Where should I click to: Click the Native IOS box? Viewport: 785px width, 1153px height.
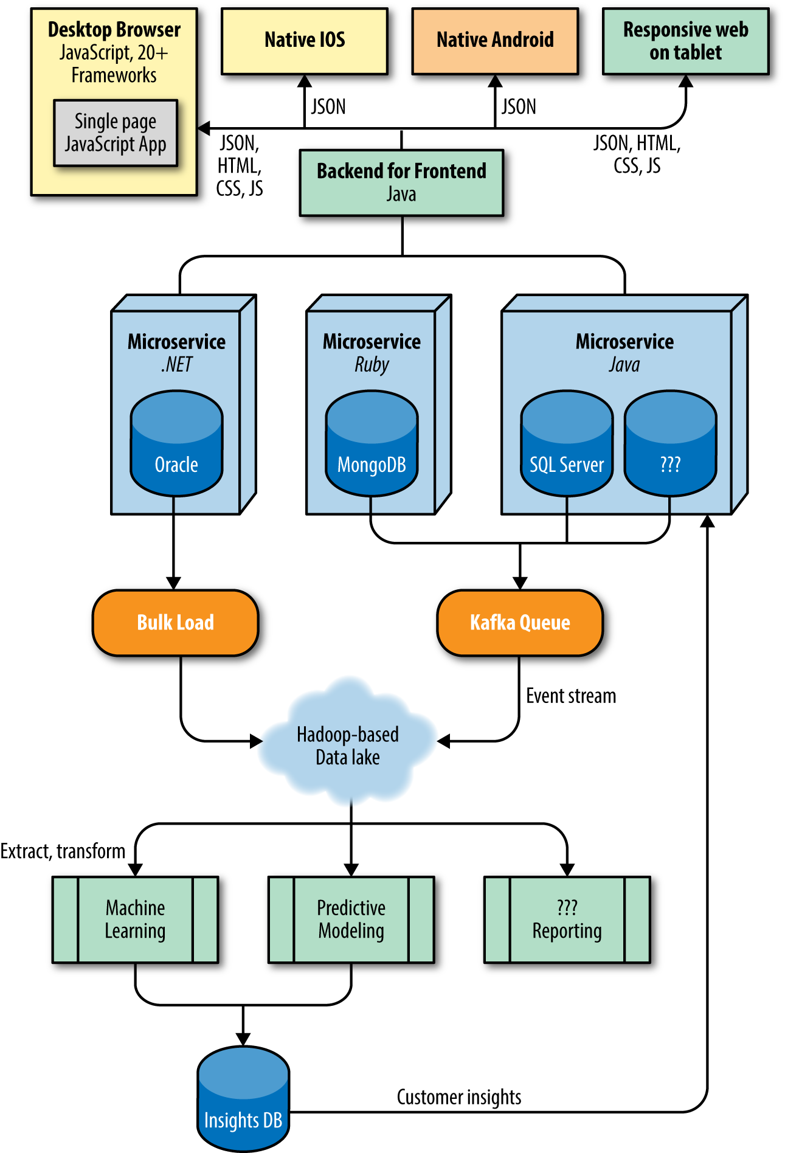[x=305, y=41]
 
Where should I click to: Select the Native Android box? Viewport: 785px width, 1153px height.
[x=495, y=41]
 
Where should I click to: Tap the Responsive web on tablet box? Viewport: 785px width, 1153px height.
[x=685, y=41]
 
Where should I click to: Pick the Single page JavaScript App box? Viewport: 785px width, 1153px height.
[x=116, y=133]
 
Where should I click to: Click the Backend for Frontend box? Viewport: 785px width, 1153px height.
[x=401, y=182]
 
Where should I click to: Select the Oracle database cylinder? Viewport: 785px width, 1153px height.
[x=176, y=444]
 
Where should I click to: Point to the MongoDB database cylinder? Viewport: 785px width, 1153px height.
[x=372, y=444]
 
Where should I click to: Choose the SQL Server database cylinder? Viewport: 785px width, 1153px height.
[x=567, y=444]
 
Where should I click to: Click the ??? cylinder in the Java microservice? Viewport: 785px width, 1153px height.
[x=670, y=444]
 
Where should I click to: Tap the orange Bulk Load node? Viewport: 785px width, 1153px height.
[x=175, y=623]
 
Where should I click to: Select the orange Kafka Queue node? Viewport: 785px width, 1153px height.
[x=520, y=623]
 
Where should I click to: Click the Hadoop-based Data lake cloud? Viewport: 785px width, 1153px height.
[x=348, y=746]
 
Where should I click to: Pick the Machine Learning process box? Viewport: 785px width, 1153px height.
[x=135, y=919]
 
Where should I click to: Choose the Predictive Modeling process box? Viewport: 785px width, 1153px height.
[x=351, y=919]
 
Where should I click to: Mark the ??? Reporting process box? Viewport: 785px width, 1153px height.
[x=567, y=919]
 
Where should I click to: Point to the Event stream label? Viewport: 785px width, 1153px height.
[x=571, y=696]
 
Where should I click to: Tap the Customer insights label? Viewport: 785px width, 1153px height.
[x=459, y=1097]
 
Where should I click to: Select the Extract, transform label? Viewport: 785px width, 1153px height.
[x=63, y=851]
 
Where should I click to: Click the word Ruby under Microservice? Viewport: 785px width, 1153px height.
[x=372, y=365]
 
